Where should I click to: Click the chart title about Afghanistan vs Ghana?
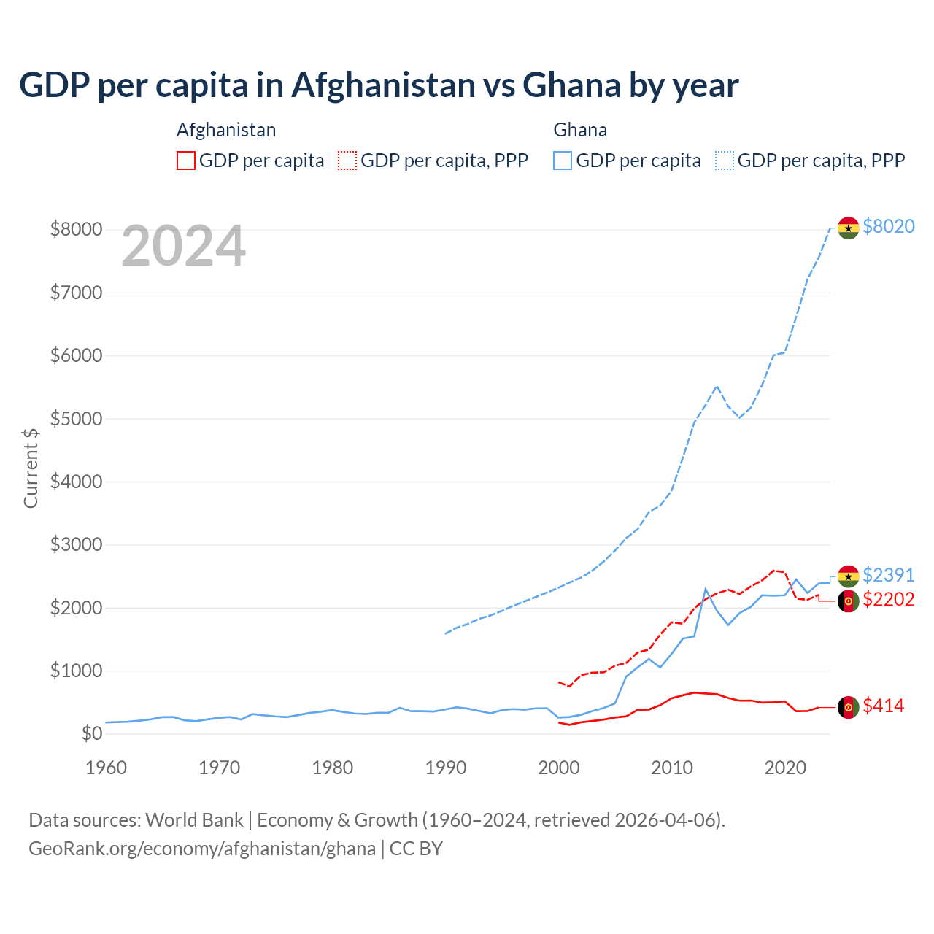(x=379, y=85)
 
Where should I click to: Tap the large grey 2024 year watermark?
(x=183, y=247)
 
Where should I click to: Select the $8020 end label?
(x=888, y=226)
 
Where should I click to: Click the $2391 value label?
(x=888, y=575)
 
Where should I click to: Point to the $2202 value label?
(x=888, y=599)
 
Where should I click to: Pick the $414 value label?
(x=883, y=706)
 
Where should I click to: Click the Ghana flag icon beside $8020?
(x=848, y=228)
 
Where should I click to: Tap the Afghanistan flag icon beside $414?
(x=848, y=707)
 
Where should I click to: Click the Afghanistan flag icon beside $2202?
(x=848, y=601)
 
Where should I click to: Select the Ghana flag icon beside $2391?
(x=848, y=576)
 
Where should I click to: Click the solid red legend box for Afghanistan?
(x=186, y=161)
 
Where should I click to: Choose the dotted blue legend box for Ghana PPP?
(x=725, y=161)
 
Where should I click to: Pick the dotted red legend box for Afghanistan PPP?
(x=347, y=161)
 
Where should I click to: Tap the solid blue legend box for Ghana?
(x=563, y=161)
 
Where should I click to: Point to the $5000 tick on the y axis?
(x=76, y=419)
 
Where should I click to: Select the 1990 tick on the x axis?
(x=446, y=768)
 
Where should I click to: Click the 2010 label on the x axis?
(x=672, y=768)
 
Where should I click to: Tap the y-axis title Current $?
(x=31, y=468)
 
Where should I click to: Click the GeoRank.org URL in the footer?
(x=202, y=849)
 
